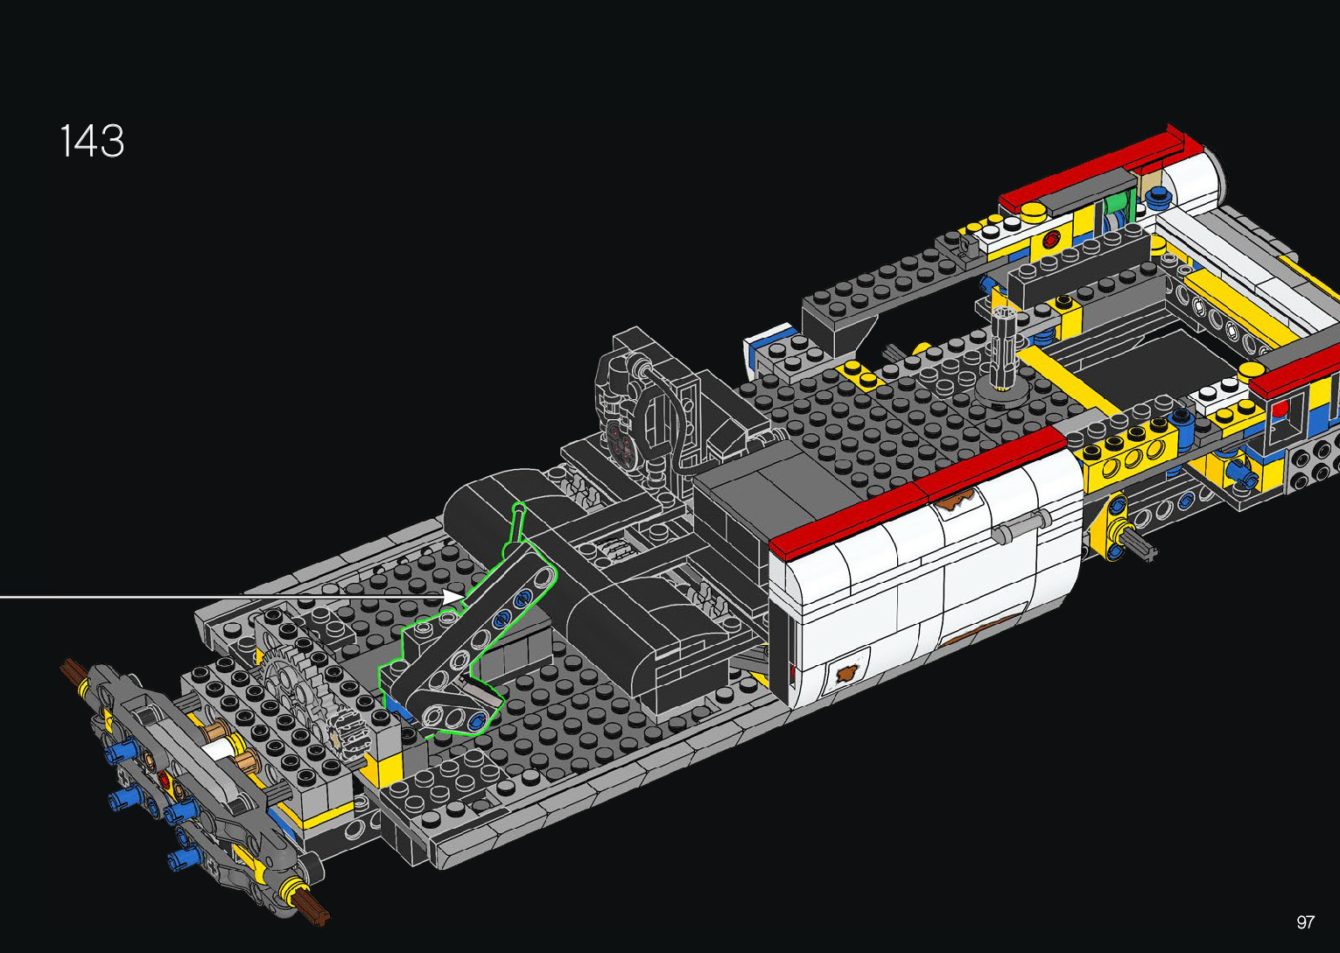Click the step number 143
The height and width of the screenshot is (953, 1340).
[x=92, y=141]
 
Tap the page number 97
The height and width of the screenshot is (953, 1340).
[x=1305, y=921]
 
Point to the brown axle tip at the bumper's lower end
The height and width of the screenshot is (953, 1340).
[x=312, y=911]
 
